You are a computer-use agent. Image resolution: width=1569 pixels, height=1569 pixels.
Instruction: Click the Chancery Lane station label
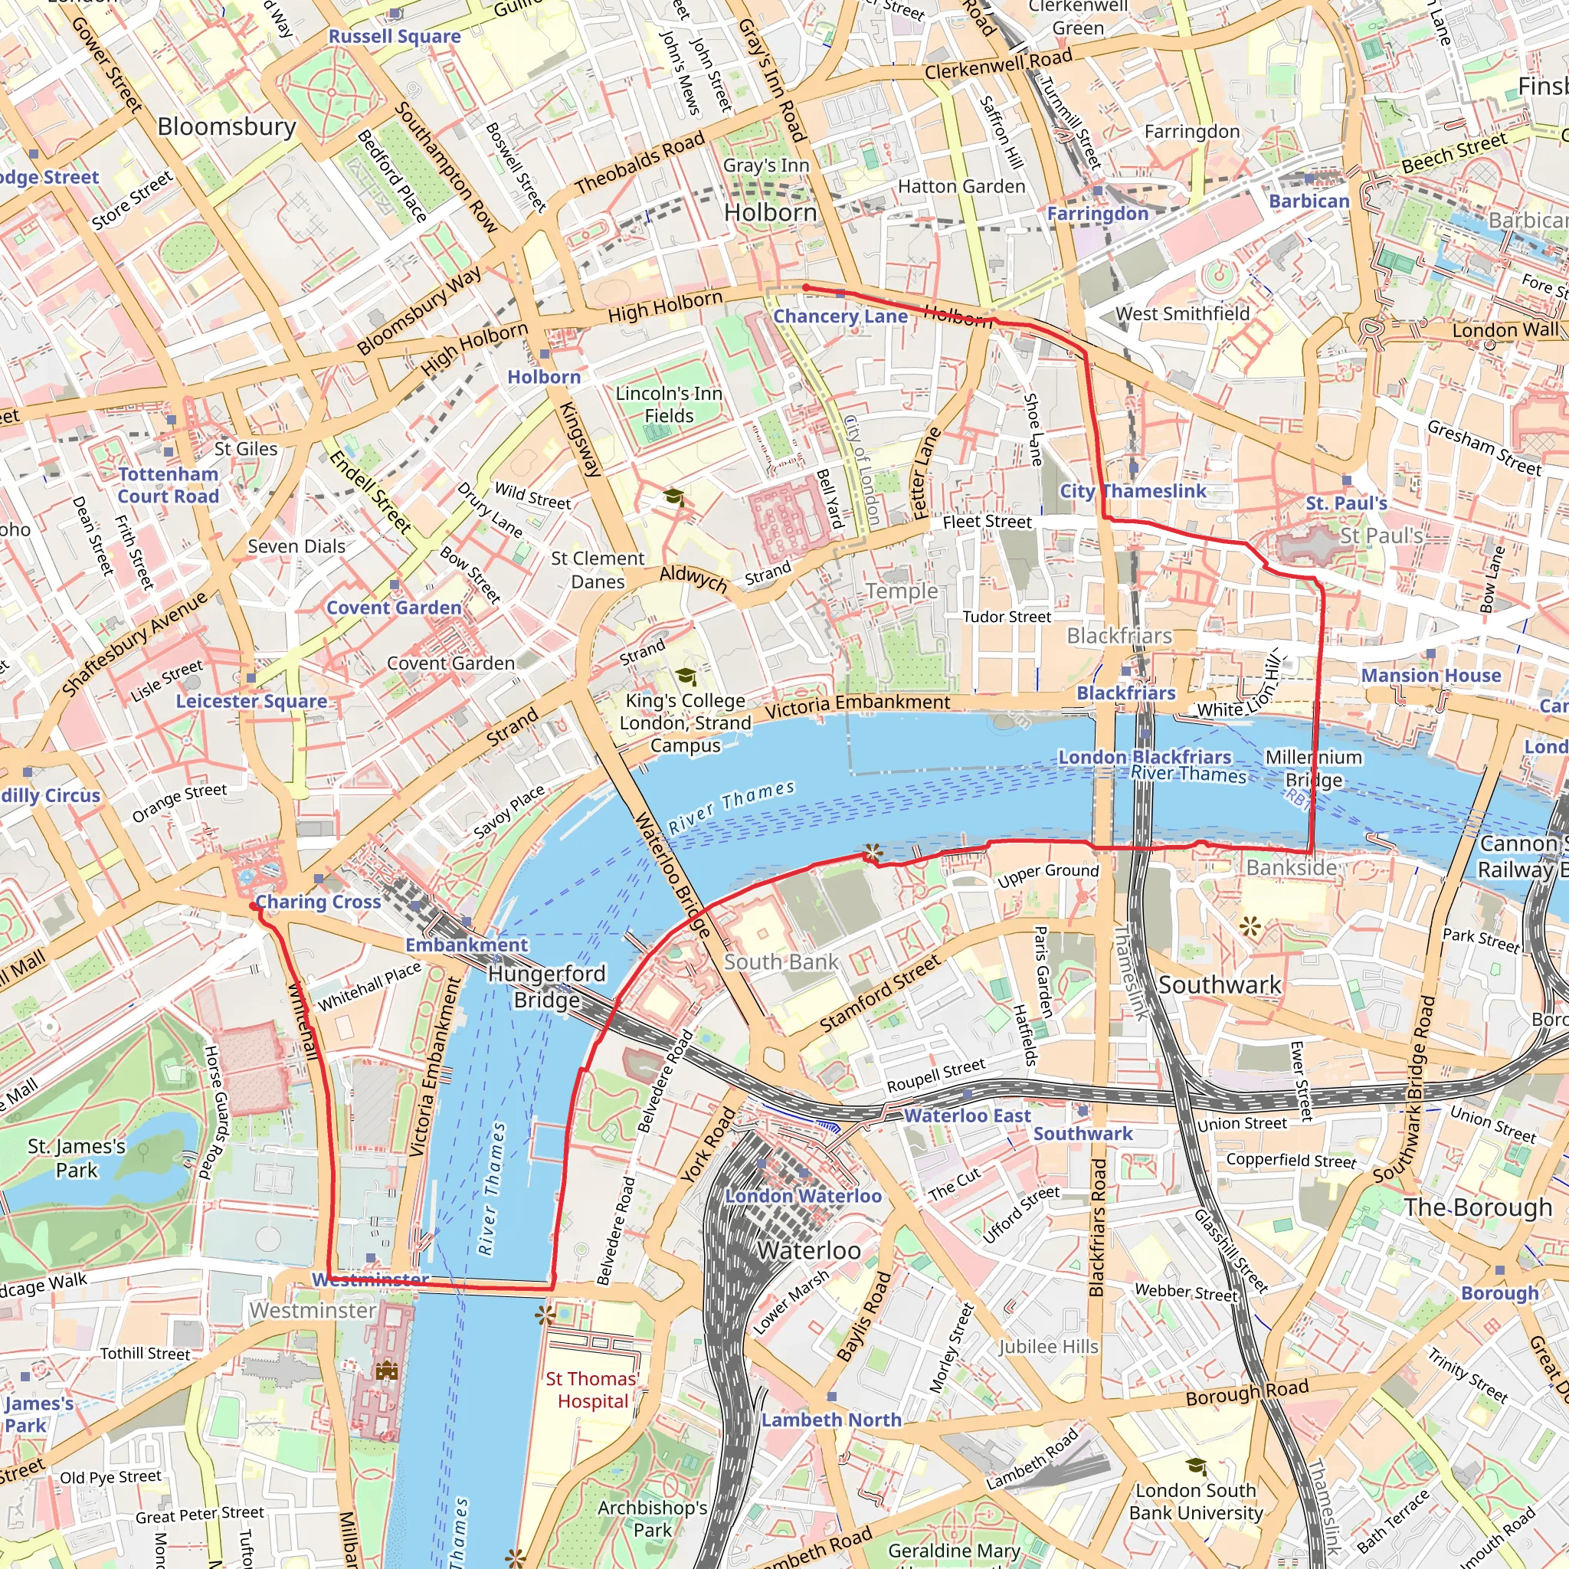tap(840, 316)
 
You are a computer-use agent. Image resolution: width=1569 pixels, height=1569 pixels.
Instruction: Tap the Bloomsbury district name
tap(227, 126)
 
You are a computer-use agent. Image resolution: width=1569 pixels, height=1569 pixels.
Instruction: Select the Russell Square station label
tap(394, 37)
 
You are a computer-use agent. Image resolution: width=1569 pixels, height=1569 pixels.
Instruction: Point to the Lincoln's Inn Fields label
tap(668, 405)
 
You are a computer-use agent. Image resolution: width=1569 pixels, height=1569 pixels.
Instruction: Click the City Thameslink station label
tap(1132, 491)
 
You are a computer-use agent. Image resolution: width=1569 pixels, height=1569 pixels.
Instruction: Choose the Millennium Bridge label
tap(1313, 768)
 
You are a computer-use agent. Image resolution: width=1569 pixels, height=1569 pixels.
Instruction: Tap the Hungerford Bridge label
tap(546, 986)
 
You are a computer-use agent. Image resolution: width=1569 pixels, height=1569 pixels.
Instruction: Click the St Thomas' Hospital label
tap(591, 1390)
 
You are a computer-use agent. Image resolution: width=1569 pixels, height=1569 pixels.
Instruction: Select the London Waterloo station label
tap(802, 1196)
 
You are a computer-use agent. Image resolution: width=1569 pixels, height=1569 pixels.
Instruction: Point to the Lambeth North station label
tap(830, 1420)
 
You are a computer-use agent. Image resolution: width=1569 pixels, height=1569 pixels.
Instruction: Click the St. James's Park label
tap(77, 1158)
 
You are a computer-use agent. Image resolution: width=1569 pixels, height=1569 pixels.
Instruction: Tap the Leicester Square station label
tap(252, 701)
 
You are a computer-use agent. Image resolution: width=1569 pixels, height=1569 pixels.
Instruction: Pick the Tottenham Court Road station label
tap(168, 485)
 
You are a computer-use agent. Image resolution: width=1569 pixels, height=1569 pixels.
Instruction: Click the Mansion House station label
tap(1431, 676)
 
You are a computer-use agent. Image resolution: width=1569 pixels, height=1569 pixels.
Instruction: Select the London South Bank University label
tap(1195, 1502)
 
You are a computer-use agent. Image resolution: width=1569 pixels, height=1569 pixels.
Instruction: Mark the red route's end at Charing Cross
tap(254, 906)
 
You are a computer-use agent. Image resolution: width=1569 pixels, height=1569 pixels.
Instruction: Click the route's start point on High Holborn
tap(805, 287)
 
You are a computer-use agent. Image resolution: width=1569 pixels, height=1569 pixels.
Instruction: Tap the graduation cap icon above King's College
tap(686, 676)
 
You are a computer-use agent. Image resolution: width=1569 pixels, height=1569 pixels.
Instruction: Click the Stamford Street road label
tap(879, 994)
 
